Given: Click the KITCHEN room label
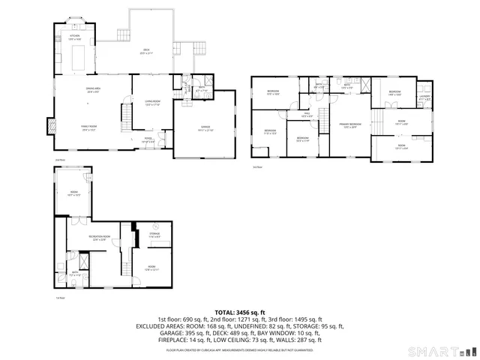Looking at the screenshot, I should pos(75,35).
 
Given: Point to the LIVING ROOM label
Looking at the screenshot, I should pos(153,103).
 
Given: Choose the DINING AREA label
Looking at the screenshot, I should pos(93,90).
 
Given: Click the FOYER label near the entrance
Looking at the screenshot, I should pos(148,139).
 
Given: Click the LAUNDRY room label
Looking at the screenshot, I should pos(424,96).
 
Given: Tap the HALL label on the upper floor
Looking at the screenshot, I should pos(307,115).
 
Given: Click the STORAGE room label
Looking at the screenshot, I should pos(154,235).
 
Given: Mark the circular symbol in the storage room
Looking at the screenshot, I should pos(156,226).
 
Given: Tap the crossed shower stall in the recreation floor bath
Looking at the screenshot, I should pos(83,262).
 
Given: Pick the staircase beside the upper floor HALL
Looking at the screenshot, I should pos(324,120).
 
